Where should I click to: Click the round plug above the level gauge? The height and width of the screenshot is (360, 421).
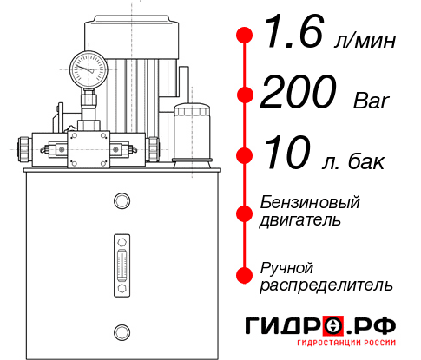[x=121, y=202]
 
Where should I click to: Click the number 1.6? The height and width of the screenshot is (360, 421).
[x=288, y=36]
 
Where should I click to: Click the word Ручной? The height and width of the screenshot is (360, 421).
[x=286, y=266]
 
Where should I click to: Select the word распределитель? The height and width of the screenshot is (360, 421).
[x=326, y=284]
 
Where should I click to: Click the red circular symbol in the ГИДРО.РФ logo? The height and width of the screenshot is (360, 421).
[x=333, y=326]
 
